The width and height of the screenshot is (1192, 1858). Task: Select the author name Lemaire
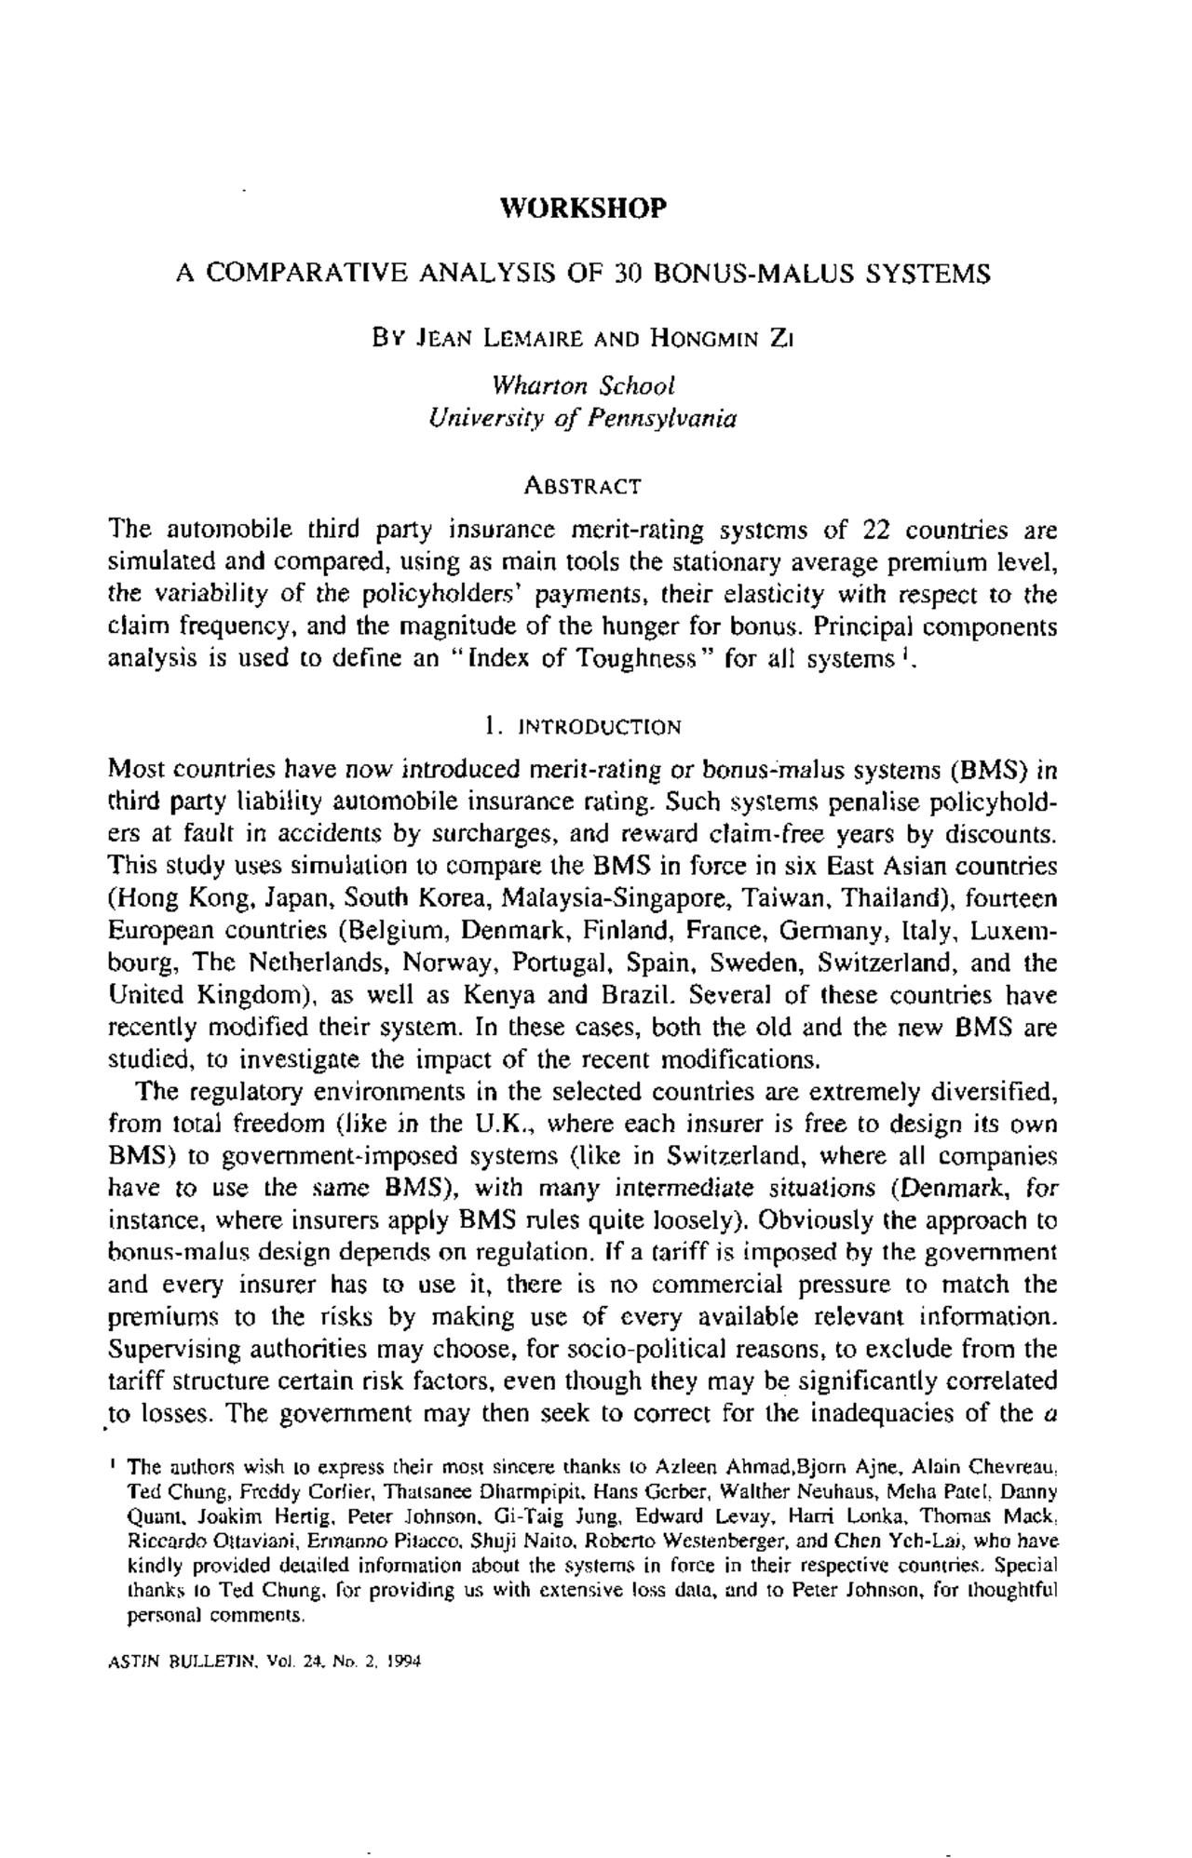(x=530, y=338)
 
